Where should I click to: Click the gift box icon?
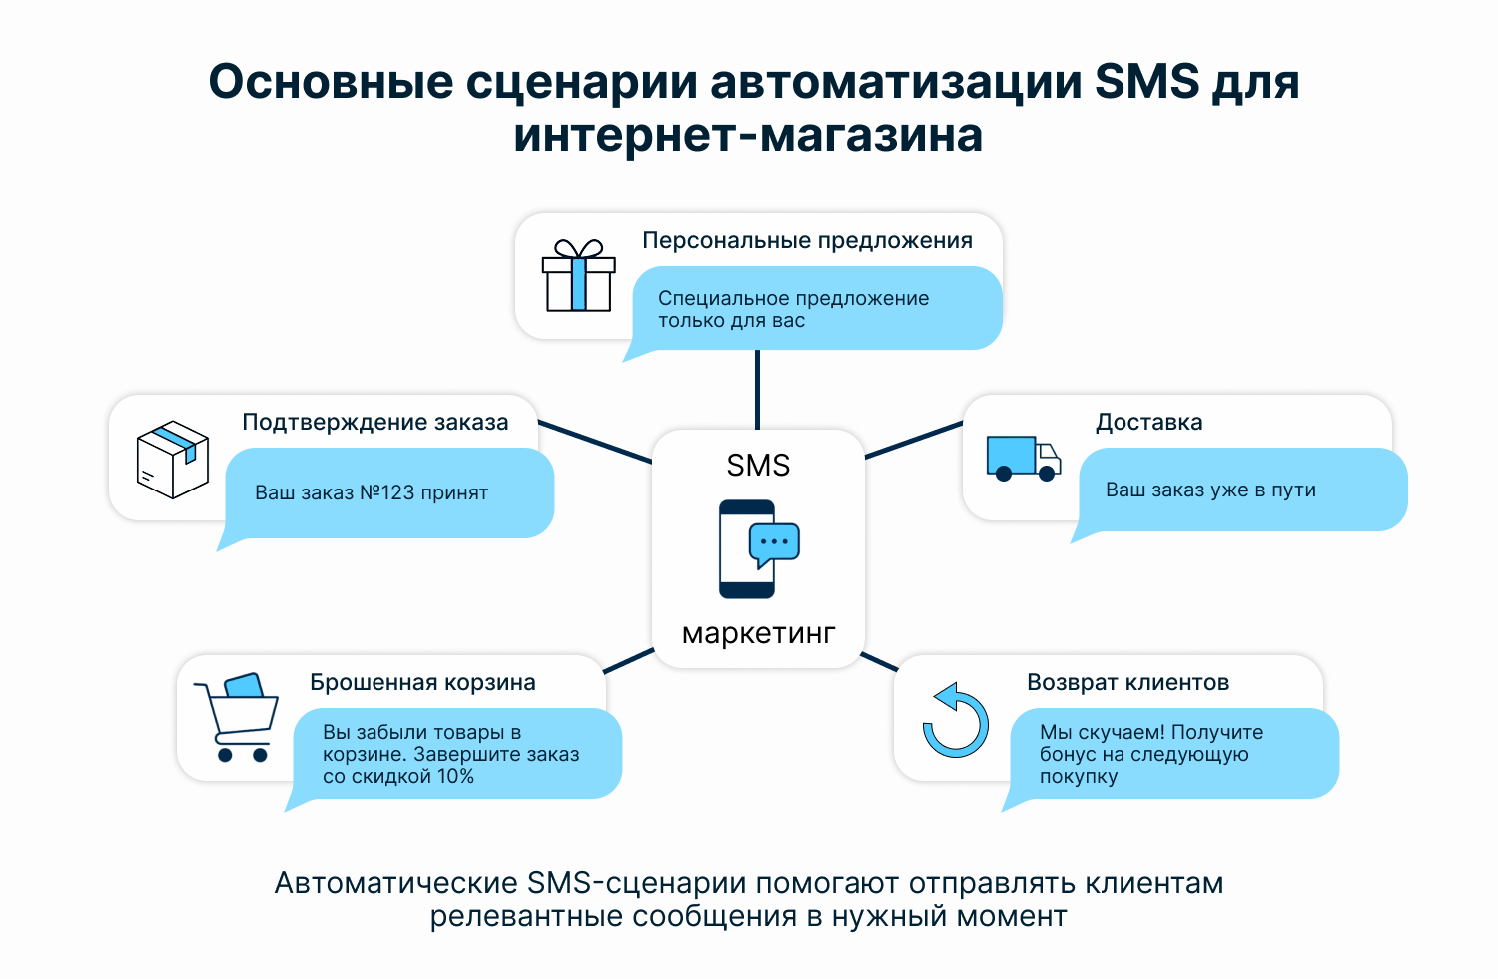click(578, 275)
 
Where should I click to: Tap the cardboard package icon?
click(173, 460)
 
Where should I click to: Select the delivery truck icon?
click(1024, 459)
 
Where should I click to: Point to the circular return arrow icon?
click(955, 721)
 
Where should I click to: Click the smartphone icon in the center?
click(758, 548)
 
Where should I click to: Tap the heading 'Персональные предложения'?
click(807, 240)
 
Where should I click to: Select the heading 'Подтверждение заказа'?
click(375, 422)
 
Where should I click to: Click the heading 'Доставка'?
click(1148, 422)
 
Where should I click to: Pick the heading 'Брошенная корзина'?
click(422, 682)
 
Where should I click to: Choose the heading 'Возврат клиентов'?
click(1128, 682)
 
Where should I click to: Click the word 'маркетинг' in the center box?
click(758, 633)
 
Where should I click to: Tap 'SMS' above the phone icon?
click(758, 466)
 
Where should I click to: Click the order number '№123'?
click(387, 492)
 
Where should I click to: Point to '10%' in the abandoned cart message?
click(455, 777)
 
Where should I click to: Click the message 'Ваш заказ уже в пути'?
click(1210, 489)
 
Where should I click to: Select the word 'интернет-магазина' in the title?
click(748, 135)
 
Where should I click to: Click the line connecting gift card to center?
click(757, 390)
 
